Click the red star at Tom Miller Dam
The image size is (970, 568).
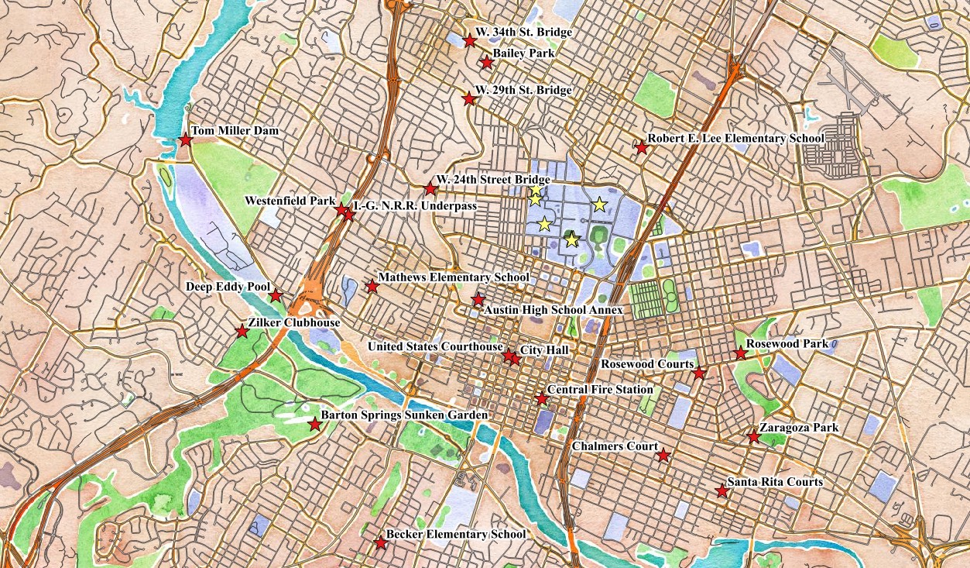(x=185, y=140)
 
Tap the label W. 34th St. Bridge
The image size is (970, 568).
(x=523, y=33)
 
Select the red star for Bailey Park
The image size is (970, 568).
(x=486, y=62)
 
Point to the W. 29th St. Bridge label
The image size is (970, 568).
(x=523, y=91)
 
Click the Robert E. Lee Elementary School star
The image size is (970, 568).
(x=641, y=147)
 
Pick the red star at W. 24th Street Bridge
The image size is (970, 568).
(x=431, y=188)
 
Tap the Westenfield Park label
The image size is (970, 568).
(x=290, y=201)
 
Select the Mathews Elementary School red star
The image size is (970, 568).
(x=372, y=287)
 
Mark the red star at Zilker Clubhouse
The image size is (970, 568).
(x=242, y=332)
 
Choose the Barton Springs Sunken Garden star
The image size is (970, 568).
(x=314, y=425)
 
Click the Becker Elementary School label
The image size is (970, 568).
(x=456, y=535)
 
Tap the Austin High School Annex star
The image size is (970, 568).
(x=478, y=300)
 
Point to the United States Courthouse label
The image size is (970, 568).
(x=436, y=347)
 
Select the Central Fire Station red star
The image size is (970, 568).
(x=542, y=398)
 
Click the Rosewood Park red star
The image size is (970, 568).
(x=740, y=353)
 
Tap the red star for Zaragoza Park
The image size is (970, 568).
(x=753, y=437)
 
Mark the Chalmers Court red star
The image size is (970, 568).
(x=663, y=456)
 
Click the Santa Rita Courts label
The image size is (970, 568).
(x=774, y=482)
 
